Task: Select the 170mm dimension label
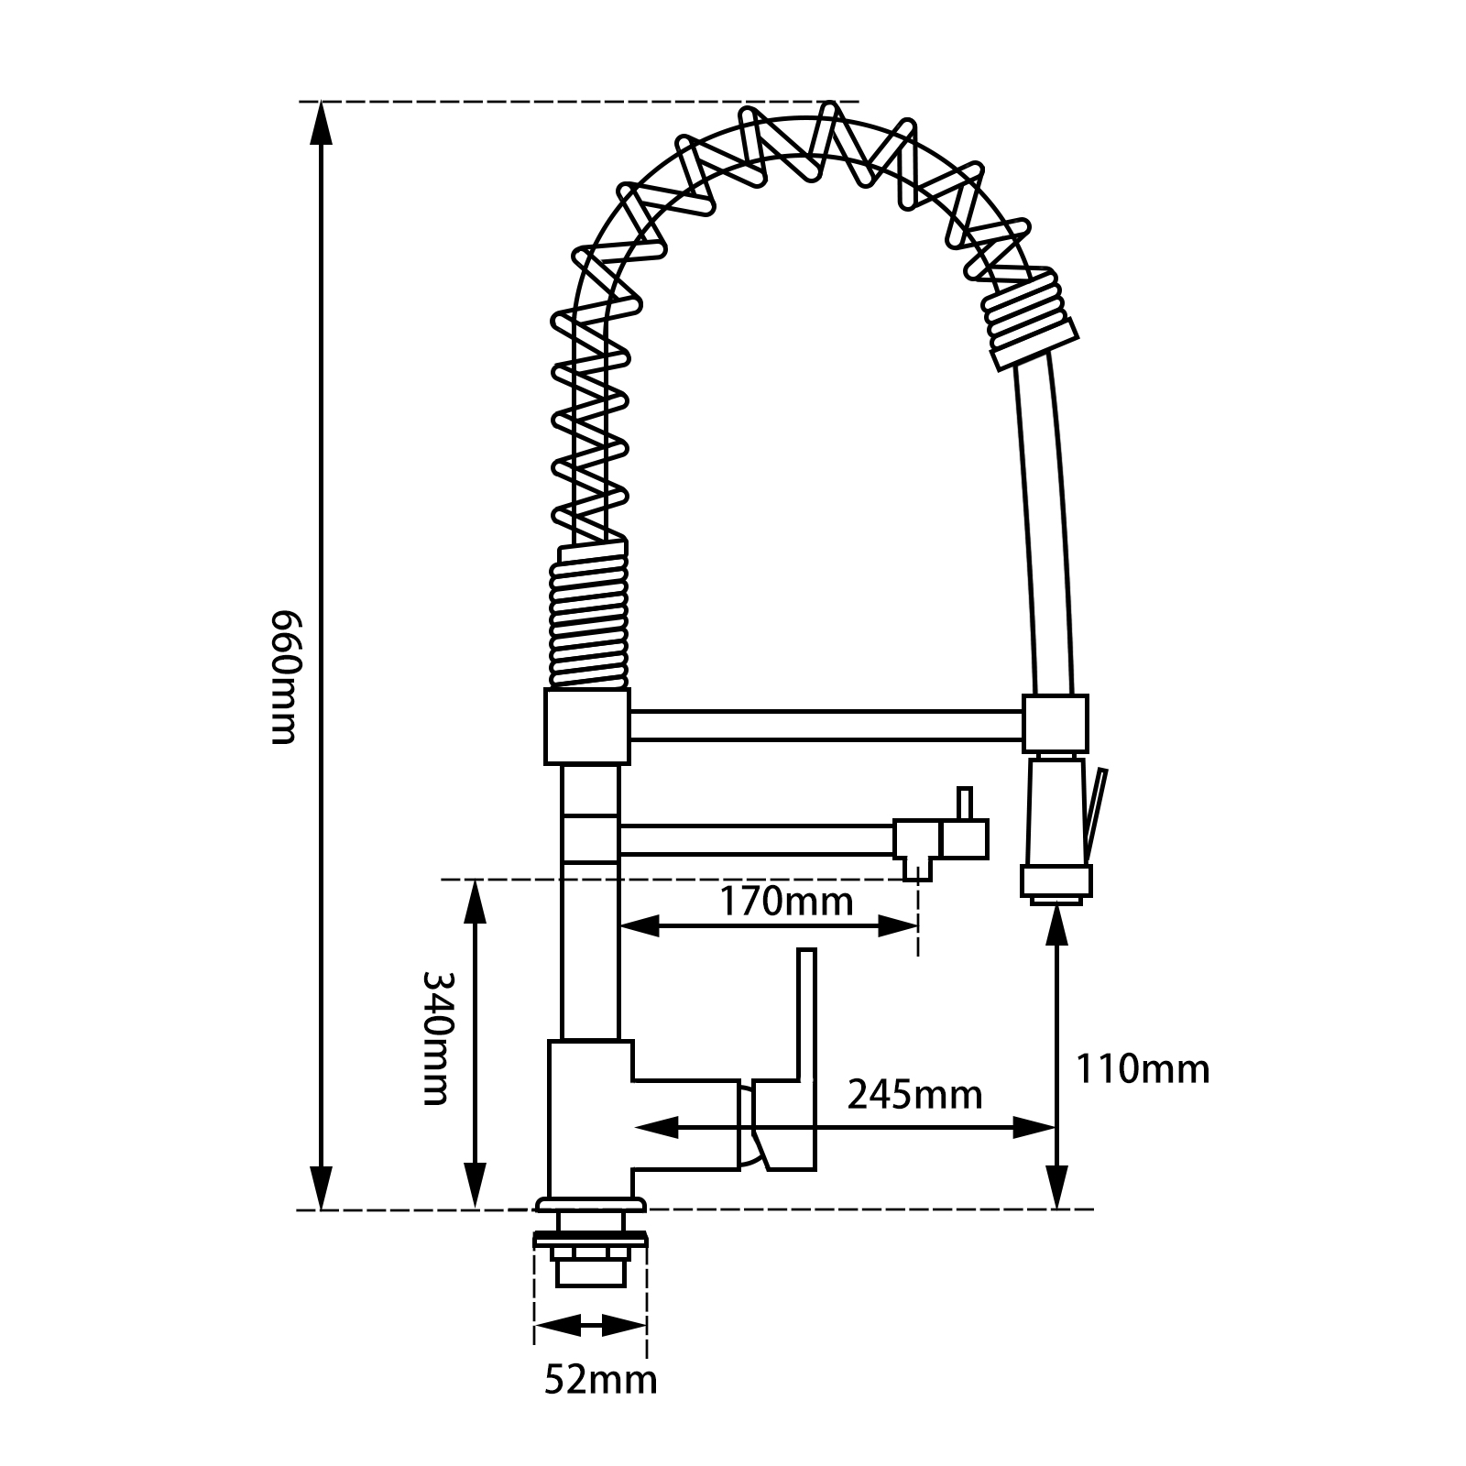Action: [785, 902]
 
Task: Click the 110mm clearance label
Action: [1142, 1069]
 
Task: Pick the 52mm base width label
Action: [600, 1379]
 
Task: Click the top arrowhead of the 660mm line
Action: [320, 124]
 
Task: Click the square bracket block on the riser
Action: [587, 728]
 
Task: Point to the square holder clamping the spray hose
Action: [1056, 724]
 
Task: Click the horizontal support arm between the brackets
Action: [825, 724]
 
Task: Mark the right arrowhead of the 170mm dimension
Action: [898, 927]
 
